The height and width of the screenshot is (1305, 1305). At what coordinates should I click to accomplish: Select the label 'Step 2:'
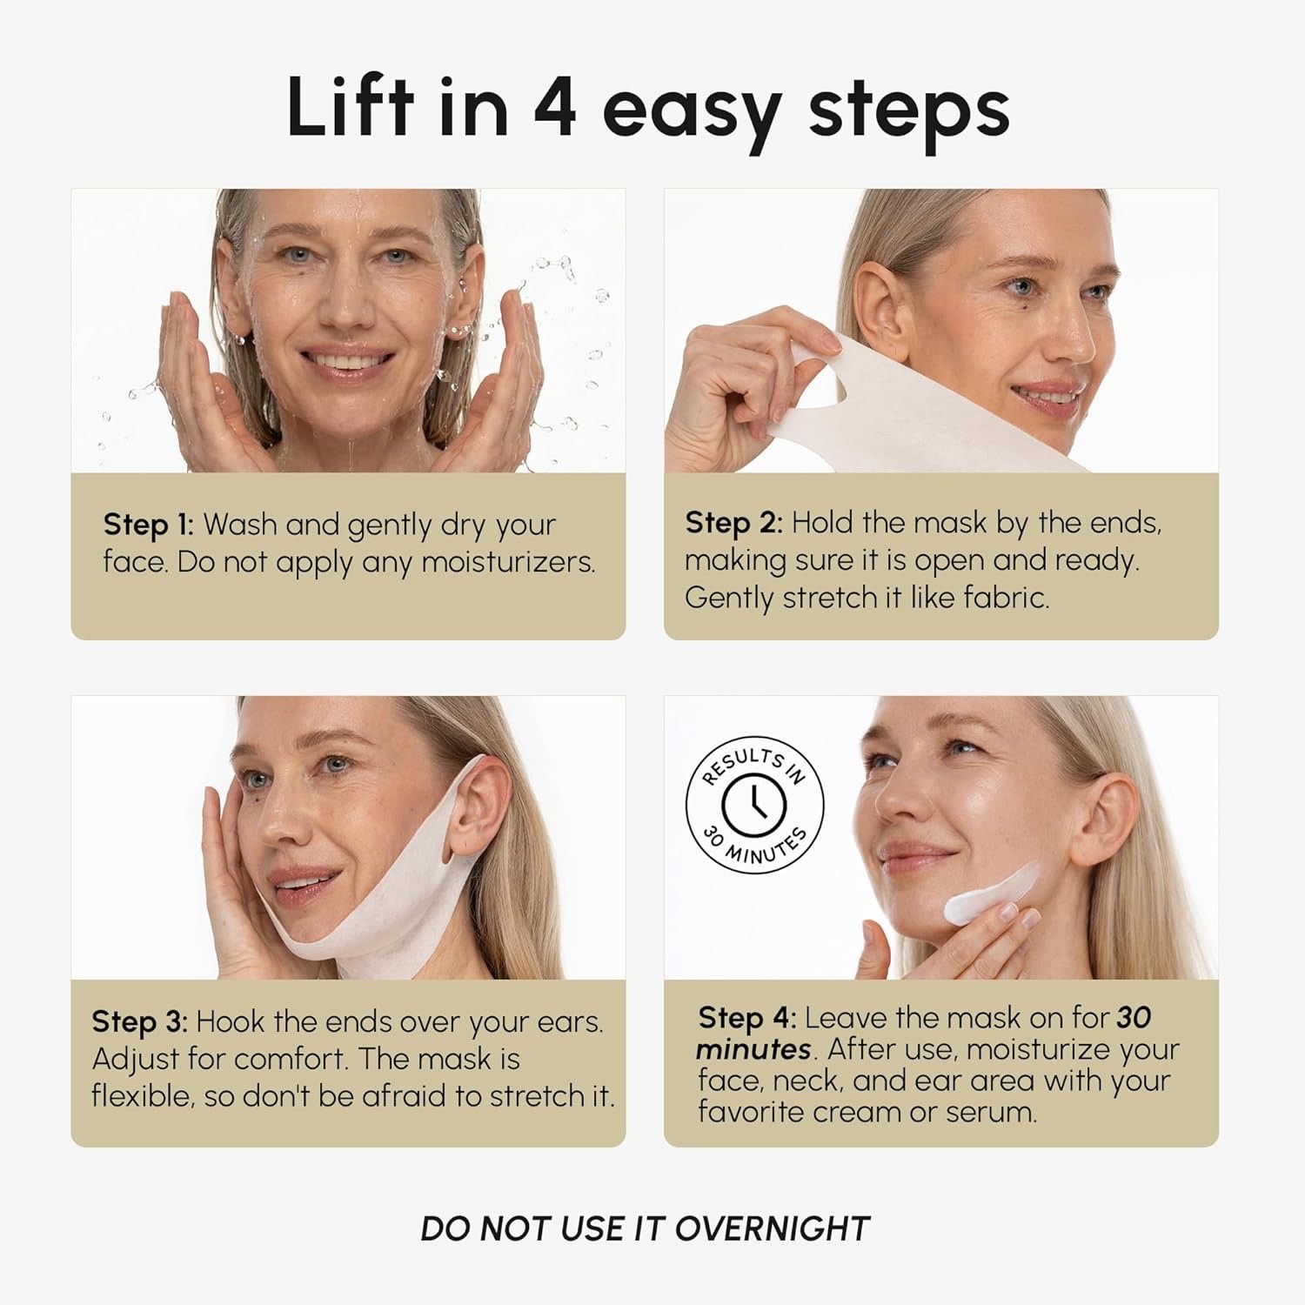pyautogui.click(x=733, y=522)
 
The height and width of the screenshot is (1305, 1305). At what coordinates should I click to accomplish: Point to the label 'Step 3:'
pyautogui.click(x=139, y=1021)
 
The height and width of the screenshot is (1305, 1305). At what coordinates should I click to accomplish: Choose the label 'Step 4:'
pyautogui.click(x=746, y=1017)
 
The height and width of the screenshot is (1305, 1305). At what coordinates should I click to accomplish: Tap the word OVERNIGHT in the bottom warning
pyautogui.click(x=773, y=1228)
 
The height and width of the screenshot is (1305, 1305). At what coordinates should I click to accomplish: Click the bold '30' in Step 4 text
pyautogui.click(x=1134, y=1017)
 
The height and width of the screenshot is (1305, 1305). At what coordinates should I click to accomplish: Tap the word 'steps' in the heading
pyautogui.click(x=909, y=113)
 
